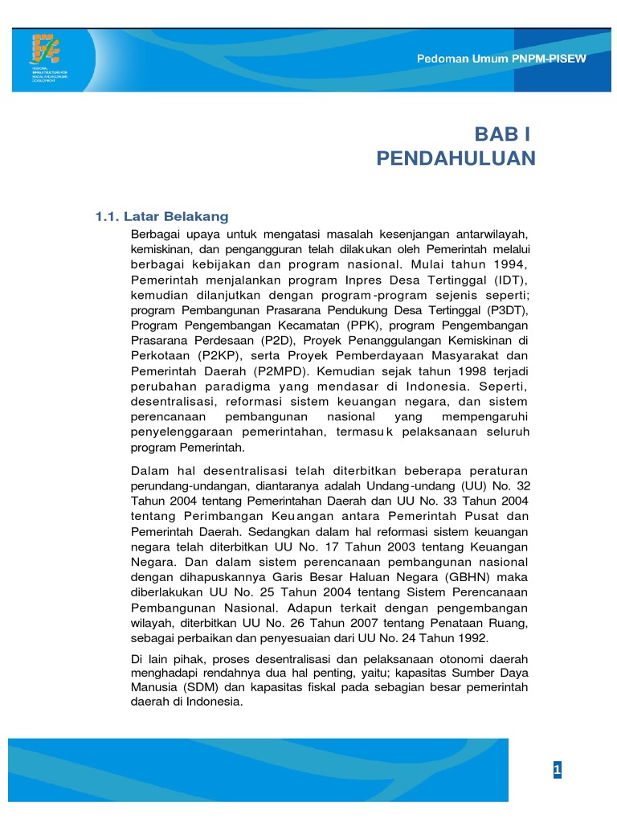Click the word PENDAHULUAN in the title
456,159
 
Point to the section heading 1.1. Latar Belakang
162,217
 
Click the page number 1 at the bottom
556,771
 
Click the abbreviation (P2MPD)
285,371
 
